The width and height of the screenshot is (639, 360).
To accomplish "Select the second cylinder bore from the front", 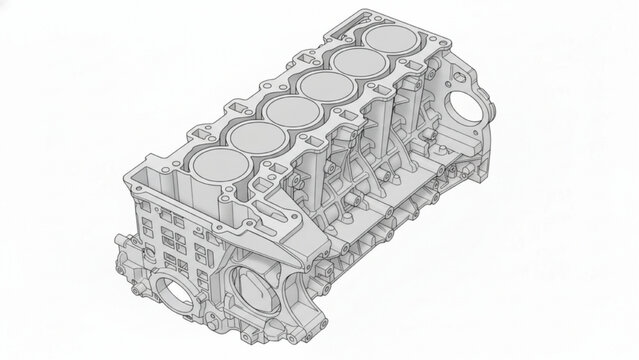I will point(255,135).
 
